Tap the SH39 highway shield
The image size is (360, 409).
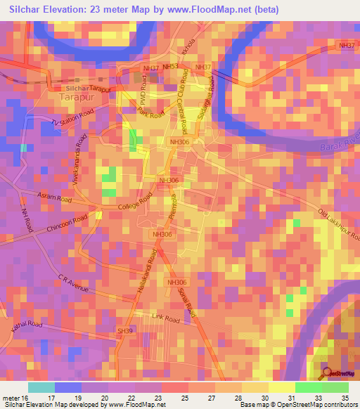coord(126,330)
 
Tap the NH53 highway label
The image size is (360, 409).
coord(170,66)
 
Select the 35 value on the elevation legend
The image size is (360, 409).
coord(345,398)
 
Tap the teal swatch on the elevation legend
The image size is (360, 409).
coord(41,387)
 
